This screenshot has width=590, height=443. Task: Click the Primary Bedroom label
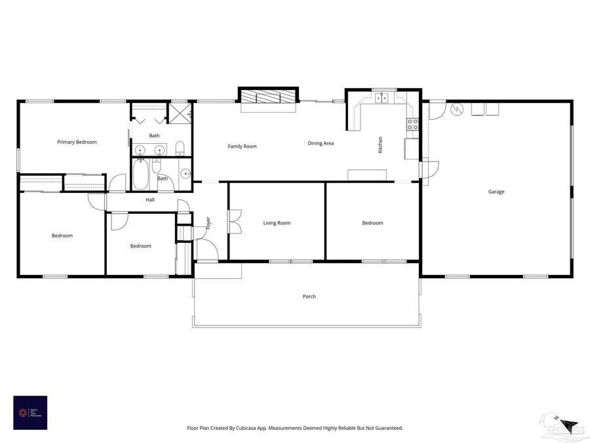point(77,142)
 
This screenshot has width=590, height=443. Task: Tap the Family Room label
point(242,146)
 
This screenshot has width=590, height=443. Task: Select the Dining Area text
point(321,143)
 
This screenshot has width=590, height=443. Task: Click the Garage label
point(496,192)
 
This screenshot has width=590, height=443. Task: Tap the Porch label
point(309,297)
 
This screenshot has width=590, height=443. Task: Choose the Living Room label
point(277,223)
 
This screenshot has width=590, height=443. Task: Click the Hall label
point(150,200)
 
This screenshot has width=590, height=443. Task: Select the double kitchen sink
point(382,98)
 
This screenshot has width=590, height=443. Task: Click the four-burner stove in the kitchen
point(413,122)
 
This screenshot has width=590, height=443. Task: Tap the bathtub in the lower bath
point(140,174)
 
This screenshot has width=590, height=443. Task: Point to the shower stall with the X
point(179,112)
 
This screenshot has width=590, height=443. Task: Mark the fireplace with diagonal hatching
point(268,97)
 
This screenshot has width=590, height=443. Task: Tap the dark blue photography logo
point(29,412)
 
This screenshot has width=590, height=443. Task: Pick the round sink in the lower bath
point(185,175)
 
